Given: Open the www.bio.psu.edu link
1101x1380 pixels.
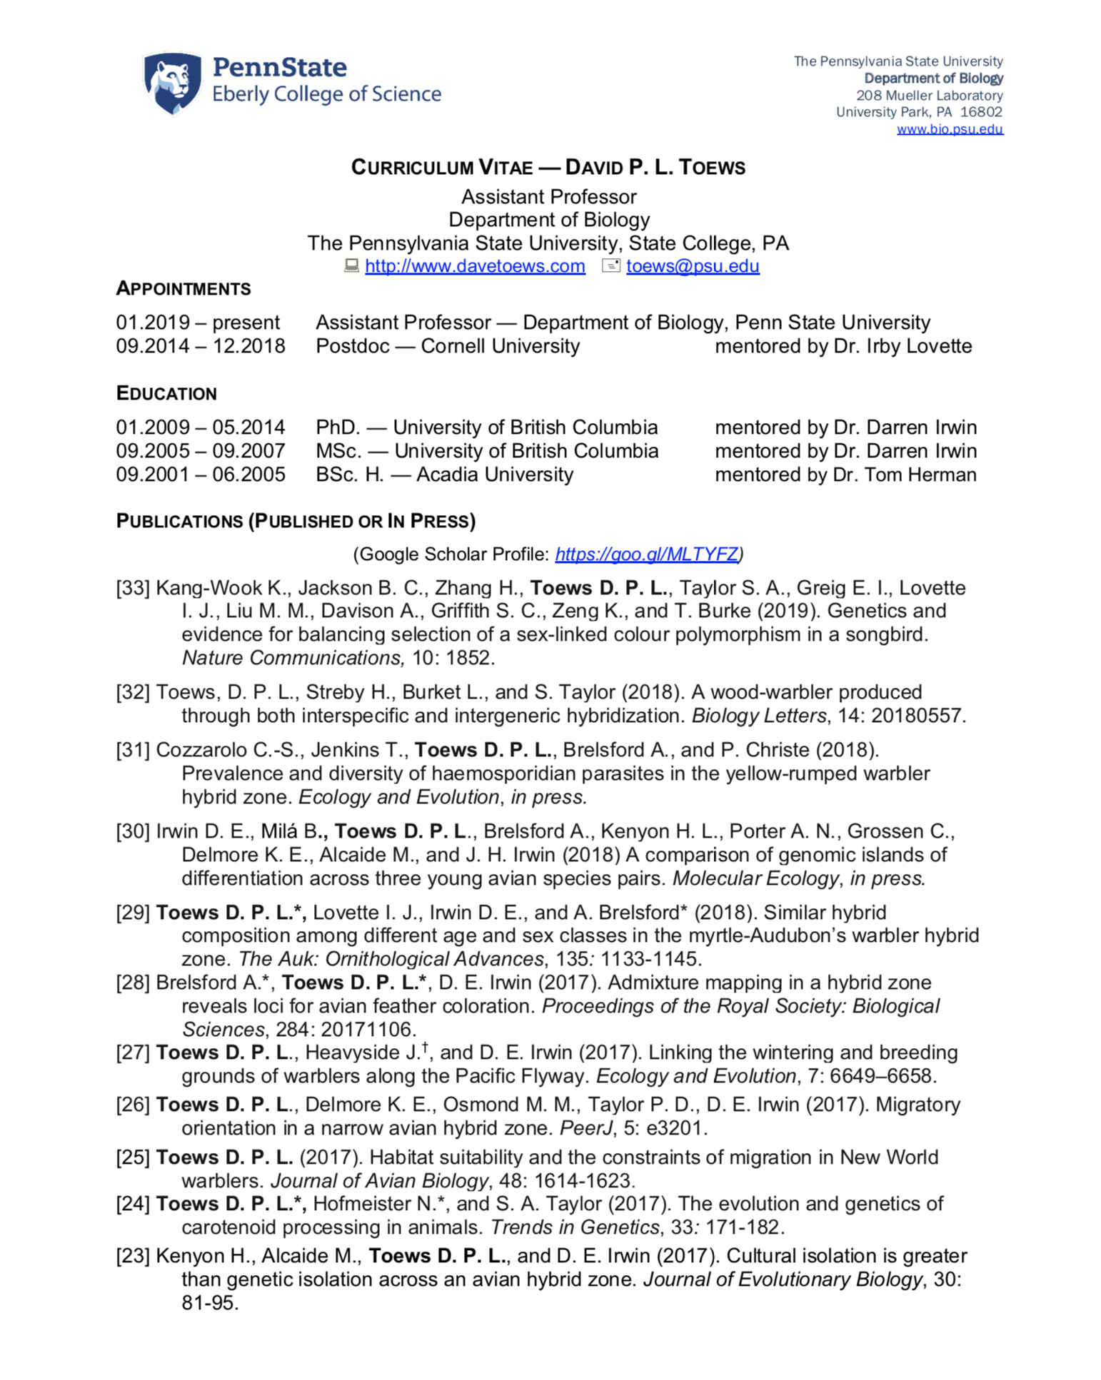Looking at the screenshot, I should (x=949, y=129).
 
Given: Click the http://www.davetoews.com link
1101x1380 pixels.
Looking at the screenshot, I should (x=475, y=266).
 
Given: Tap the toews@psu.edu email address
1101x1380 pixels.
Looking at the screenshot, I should (x=692, y=266).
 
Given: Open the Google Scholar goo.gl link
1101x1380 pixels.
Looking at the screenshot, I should (x=646, y=554).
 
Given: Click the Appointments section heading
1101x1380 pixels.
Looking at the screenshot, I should (x=183, y=289).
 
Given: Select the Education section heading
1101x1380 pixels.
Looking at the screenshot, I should (x=166, y=393).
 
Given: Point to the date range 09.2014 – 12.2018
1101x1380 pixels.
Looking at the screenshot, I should (x=201, y=346).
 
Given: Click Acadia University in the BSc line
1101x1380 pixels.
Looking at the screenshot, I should (x=495, y=475).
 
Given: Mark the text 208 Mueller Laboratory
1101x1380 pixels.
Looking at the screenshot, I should (x=929, y=96).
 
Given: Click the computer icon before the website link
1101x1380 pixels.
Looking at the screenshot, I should (x=351, y=266).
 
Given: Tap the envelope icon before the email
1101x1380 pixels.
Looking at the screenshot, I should (x=611, y=266).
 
